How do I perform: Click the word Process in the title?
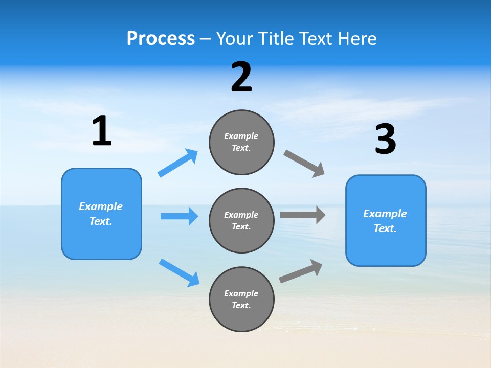[x=161, y=38]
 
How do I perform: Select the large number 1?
[x=101, y=131]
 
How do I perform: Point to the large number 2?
[x=241, y=77]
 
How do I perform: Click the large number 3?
[x=385, y=140]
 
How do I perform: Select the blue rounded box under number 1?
[x=101, y=214]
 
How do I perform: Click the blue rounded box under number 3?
[x=386, y=220]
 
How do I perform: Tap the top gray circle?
[x=241, y=142]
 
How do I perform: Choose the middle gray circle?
[x=241, y=220]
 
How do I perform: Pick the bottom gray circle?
[x=241, y=299]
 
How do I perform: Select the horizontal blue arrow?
[x=179, y=216]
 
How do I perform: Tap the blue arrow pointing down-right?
[x=179, y=272]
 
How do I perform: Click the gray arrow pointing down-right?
[x=304, y=164]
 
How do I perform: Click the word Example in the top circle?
[x=241, y=136]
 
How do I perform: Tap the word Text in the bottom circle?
[x=240, y=305]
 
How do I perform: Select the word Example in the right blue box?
[x=385, y=214]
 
